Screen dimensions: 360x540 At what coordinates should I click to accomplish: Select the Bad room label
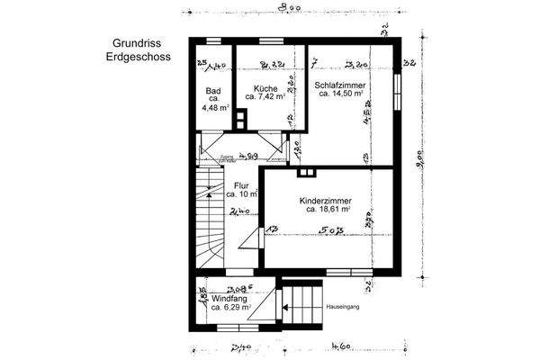(213, 91)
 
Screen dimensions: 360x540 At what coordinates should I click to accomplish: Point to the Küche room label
(265, 89)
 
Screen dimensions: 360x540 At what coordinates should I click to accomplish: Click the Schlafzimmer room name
(339, 84)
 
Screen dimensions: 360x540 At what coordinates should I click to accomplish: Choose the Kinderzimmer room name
(325, 201)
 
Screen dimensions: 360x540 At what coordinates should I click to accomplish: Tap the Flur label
(241, 185)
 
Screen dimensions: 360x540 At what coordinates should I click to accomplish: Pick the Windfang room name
(229, 298)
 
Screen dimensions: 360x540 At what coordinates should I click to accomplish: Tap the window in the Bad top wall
(212, 41)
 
